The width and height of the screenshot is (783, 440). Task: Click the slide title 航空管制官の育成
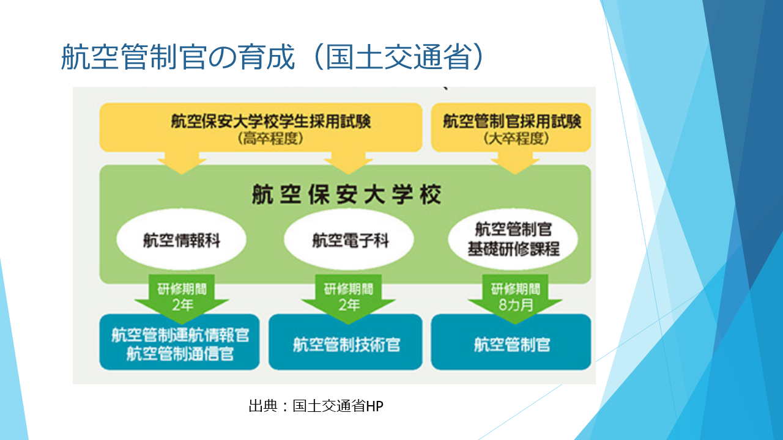(178, 57)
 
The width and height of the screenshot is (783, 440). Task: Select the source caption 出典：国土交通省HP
(316, 406)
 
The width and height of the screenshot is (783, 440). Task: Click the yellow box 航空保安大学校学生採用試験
(261, 128)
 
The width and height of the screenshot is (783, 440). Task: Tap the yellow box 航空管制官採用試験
(511, 128)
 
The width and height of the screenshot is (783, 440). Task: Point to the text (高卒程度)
(270, 139)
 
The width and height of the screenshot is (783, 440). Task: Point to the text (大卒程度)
(516, 139)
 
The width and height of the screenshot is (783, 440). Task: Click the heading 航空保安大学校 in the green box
(346, 194)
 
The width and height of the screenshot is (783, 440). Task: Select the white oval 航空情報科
(182, 240)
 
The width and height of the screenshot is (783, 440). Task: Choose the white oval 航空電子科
(349, 240)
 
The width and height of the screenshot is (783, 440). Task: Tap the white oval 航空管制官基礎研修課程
(513, 240)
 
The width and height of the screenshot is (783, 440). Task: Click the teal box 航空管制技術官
(346, 342)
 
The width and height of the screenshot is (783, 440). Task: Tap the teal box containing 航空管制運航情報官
(179, 342)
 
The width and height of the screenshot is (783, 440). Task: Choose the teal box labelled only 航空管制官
(511, 342)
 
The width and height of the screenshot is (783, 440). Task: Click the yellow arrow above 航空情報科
(182, 163)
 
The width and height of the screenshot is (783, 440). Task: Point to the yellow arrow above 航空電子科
(349, 163)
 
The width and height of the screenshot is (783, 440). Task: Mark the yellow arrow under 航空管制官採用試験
(515, 163)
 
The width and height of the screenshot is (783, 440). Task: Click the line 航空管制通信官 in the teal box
(180, 354)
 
